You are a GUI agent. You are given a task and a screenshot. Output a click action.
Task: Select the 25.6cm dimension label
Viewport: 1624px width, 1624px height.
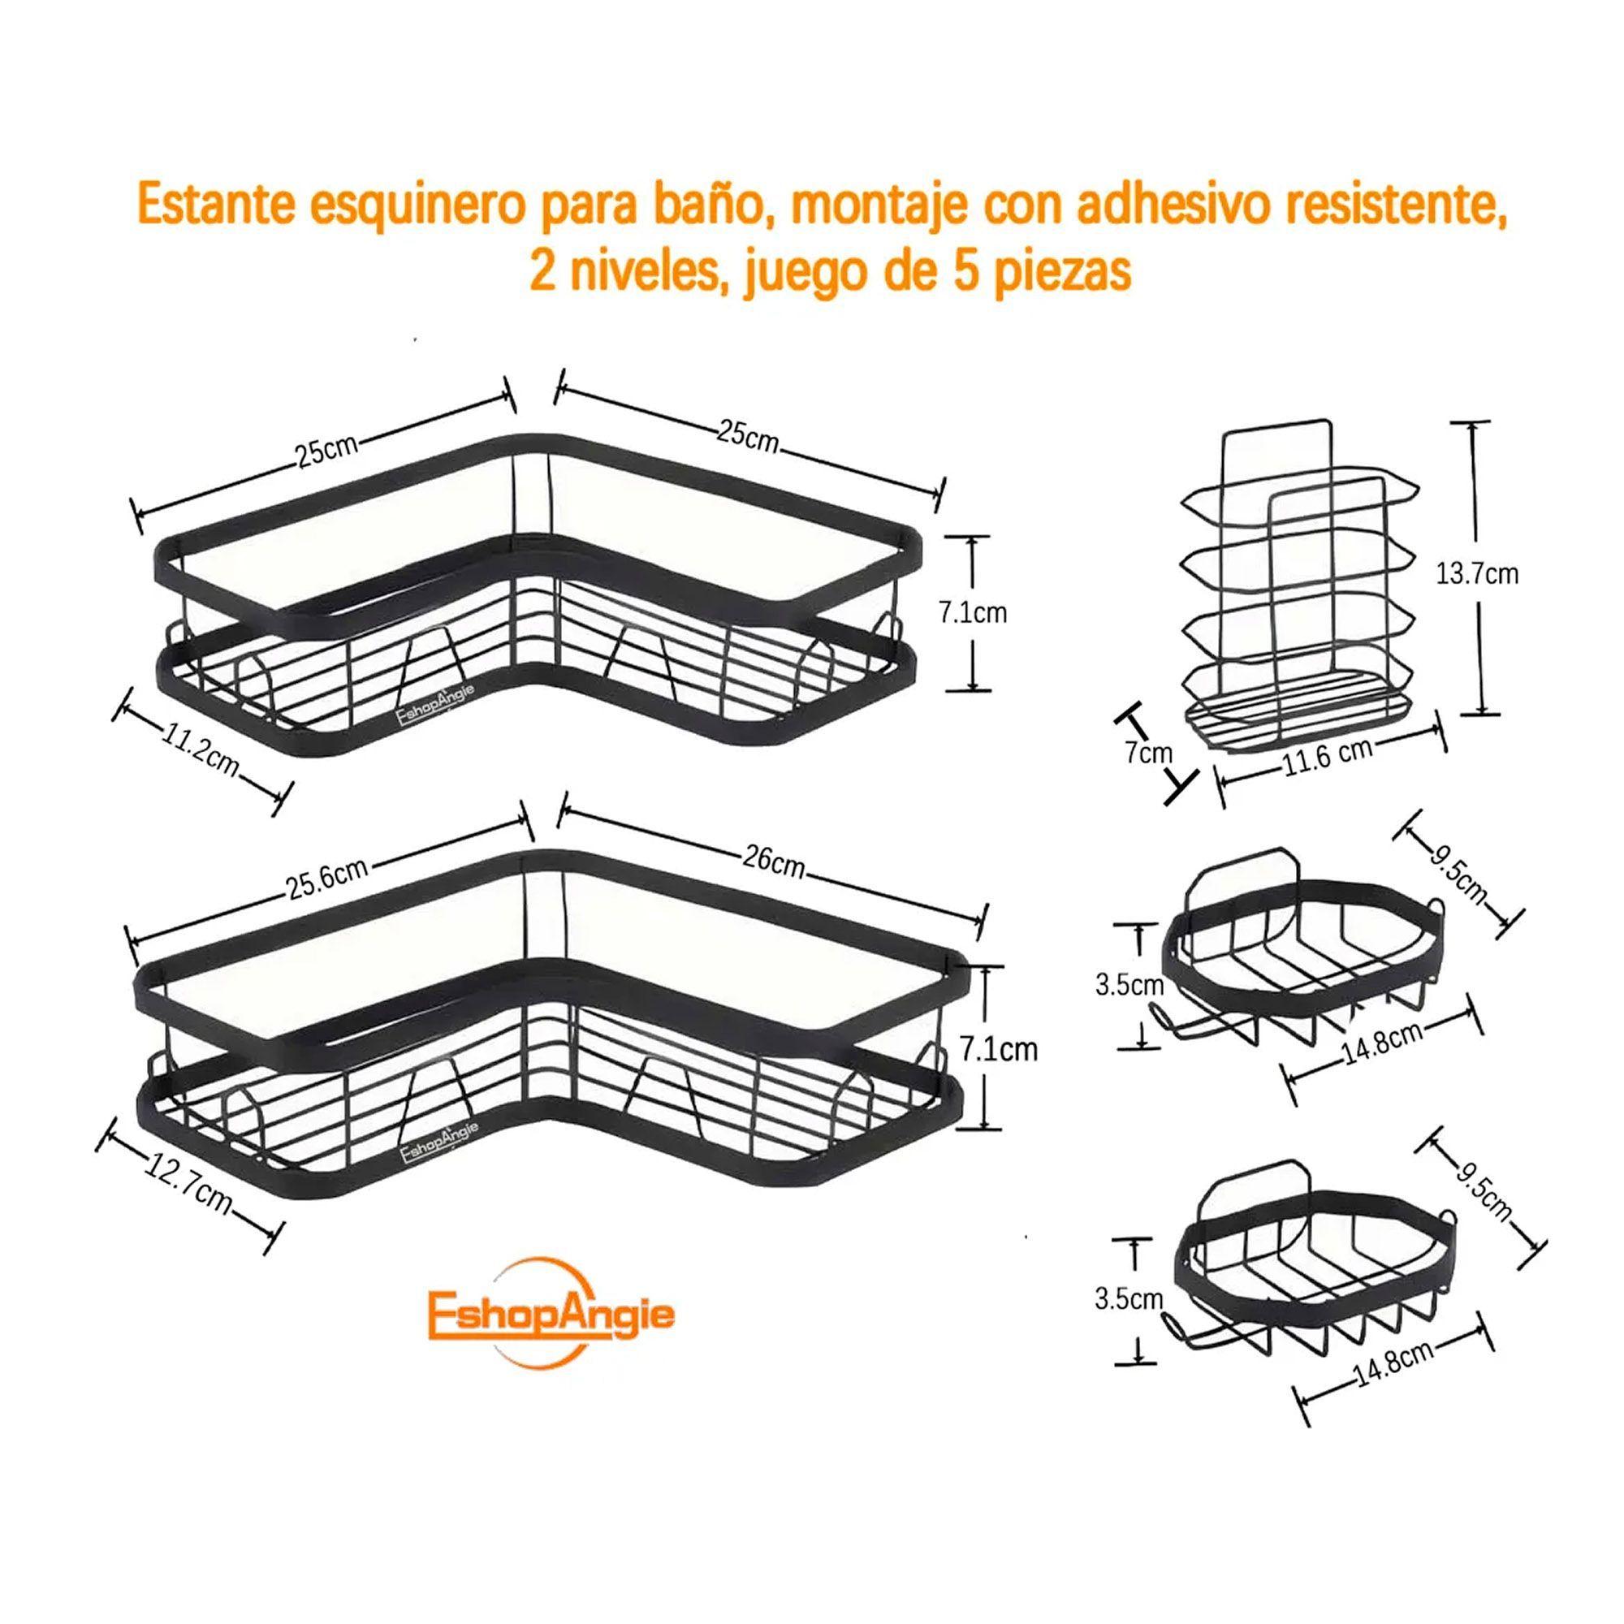coord(328,877)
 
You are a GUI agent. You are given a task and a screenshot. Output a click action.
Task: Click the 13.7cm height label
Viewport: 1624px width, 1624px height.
coord(1477,574)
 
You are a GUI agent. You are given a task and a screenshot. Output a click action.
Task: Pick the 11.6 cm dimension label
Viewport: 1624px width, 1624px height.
coord(1328,756)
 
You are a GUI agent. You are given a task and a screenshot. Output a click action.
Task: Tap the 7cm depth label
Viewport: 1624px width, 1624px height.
coord(1148,753)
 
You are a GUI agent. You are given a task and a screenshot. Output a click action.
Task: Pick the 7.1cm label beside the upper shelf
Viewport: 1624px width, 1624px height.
coord(973,613)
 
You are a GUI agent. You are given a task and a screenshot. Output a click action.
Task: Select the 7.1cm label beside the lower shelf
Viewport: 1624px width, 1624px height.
coord(999,1050)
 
